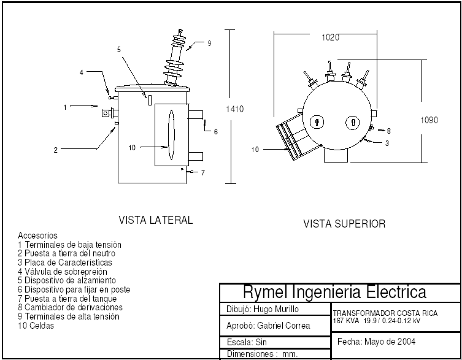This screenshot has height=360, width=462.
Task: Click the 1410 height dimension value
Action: pos(235,109)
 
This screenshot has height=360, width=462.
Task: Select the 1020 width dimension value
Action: pos(330,37)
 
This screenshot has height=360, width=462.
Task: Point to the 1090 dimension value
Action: pos(429,120)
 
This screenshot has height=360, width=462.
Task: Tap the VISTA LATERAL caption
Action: pos(155,220)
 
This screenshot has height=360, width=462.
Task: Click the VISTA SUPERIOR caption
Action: pos(344,224)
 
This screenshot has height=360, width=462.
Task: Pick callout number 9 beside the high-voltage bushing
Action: pos(209,44)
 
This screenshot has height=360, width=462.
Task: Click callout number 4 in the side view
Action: pos(82,72)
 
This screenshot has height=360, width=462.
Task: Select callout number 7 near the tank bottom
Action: pos(202,173)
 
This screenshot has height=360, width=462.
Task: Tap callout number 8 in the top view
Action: pos(389,131)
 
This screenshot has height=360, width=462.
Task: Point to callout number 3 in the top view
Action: pos(387,143)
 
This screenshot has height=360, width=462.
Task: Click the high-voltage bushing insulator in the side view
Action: pos(175,61)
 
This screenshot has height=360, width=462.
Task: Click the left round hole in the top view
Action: pos(317,121)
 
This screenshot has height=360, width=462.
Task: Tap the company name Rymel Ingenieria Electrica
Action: pos(334,292)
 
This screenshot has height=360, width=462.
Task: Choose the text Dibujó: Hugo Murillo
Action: pos(259,310)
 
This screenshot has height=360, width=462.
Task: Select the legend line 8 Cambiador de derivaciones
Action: pos(70,307)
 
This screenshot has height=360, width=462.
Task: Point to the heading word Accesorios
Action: pos(37,236)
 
